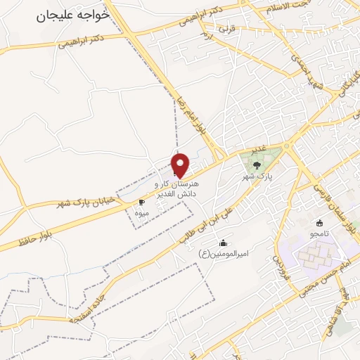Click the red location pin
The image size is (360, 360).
point(181,165)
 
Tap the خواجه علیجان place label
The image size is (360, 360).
point(73,14)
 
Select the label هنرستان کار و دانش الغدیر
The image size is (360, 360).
point(179,187)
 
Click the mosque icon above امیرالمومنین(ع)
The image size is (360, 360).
point(224,243)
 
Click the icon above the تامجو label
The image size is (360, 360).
point(320,223)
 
